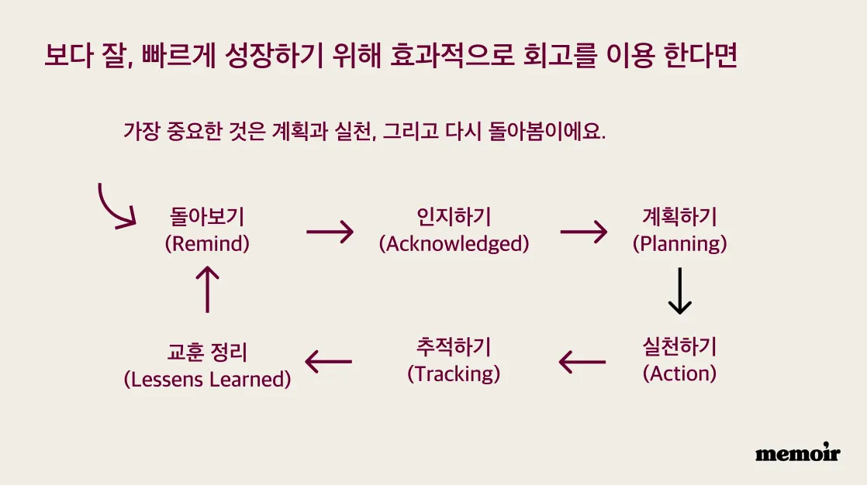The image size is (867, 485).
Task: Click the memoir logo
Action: tap(797, 452)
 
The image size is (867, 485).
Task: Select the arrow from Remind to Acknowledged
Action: tap(330, 232)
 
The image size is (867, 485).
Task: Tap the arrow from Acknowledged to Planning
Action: tap(584, 232)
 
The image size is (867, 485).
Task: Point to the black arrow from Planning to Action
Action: tap(679, 291)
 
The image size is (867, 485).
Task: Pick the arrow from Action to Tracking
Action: tap(582, 363)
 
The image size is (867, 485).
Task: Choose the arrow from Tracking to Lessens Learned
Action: tap(329, 363)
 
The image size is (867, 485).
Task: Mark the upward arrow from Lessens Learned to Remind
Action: tap(207, 290)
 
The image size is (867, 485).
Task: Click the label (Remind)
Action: tap(207, 243)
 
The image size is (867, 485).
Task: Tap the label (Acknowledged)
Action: tap(454, 243)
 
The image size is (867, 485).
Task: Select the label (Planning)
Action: tap(679, 243)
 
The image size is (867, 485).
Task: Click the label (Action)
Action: tap(679, 374)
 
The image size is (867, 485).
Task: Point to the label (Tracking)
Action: tap(454, 374)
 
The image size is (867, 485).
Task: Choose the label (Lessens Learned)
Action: tap(207, 380)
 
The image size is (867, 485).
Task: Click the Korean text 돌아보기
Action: tap(207, 216)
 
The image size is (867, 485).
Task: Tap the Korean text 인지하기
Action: tap(454, 216)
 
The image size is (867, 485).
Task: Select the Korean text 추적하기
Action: tap(454, 347)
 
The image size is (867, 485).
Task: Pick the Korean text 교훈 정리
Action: tap(207, 352)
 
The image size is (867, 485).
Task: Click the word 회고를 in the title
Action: tap(560, 55)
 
